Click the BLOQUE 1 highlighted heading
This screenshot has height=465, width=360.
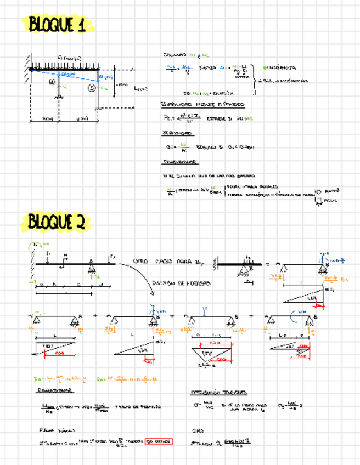pos(58,25)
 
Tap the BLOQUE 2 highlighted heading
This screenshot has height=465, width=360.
pos(57,222)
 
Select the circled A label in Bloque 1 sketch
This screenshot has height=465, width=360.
pos(52,82)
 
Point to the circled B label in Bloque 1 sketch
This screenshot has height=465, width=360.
pos(92,87)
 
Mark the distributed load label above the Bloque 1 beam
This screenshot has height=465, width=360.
pos(69,58)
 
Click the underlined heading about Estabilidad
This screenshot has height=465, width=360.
pos(203,104)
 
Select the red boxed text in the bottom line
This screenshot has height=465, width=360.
pos(159,441)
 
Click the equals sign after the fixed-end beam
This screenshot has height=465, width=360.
pos(268,264)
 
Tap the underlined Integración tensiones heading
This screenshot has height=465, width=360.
pos(218,393)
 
